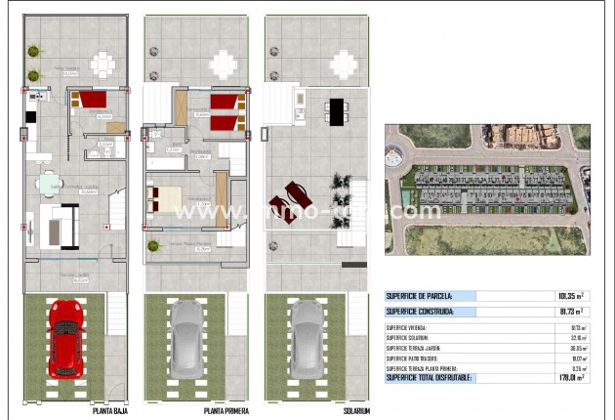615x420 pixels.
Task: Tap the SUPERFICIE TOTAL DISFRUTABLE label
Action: click(x=430, y=376)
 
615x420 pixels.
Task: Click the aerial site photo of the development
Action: click(x=487, y=189)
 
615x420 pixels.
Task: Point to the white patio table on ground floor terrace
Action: click(x=103, y=64)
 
